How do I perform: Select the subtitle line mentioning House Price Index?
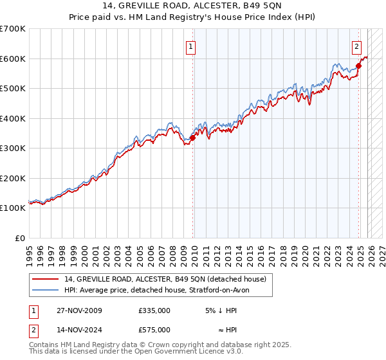point(192,17)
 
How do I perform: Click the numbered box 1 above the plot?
point(192,46)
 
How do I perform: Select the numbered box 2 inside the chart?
point(356,46)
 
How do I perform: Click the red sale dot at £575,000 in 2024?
point(358,66)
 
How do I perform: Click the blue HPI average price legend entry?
point(161,290)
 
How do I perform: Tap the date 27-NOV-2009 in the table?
point(75,310)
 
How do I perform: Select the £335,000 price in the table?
point(154,310)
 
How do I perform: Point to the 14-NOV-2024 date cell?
point(75,329)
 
